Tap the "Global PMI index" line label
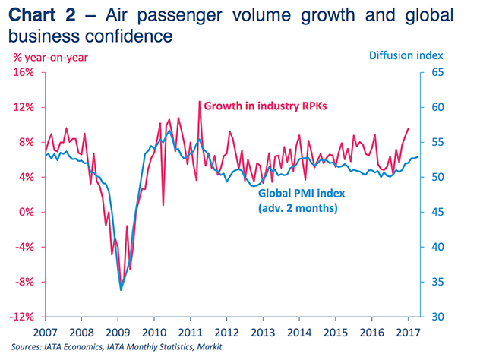coord(295,194)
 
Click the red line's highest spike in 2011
coord(200,101)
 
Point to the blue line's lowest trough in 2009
coord(121,289)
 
